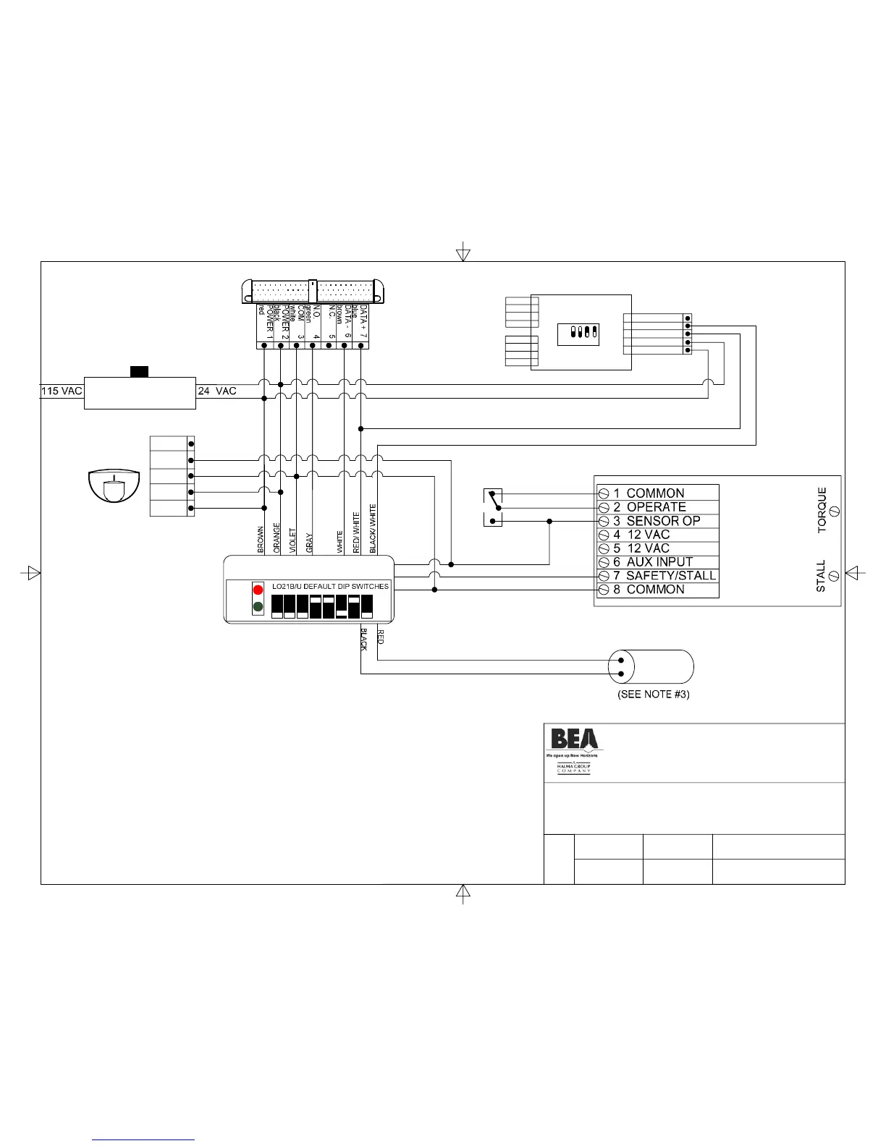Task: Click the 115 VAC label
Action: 62,391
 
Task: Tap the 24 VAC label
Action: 217,391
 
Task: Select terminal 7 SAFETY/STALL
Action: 664,576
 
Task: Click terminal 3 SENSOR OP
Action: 656,521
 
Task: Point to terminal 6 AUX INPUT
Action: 652,562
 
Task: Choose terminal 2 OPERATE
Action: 649,507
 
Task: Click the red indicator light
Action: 258,590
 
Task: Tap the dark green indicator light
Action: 258,606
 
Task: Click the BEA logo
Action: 574,739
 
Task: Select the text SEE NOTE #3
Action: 653,695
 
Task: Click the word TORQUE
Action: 822,510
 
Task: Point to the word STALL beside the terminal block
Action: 821,576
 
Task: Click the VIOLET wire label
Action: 292,541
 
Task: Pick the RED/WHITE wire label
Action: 356,533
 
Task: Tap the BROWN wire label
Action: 261,540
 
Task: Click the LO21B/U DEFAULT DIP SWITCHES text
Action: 330,586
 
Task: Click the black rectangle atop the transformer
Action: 139,372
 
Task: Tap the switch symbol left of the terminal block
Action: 493,507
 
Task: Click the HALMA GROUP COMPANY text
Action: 573,768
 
